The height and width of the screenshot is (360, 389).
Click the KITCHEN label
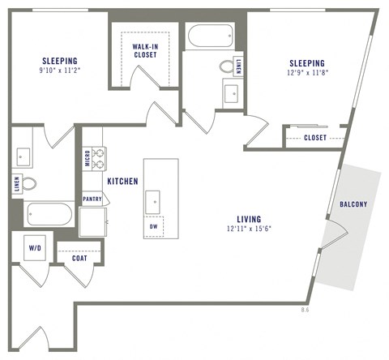[x=122, y=181]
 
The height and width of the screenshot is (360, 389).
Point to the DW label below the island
[x=153, y=227]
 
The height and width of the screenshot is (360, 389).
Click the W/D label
[x=36, y=248]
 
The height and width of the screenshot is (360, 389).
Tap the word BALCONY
[x=357, y=205]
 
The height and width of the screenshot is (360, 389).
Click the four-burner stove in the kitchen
[x=98, y=155]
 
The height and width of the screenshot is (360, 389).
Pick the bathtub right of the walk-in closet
[x=209, y=36]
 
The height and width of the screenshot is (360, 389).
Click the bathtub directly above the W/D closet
[x=50, y=215]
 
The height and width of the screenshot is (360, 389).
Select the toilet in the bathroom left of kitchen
[x=28, y=184]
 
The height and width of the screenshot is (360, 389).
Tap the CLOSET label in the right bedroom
[x=315, y=138]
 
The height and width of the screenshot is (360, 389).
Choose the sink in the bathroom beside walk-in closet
[x=231, y=92]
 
